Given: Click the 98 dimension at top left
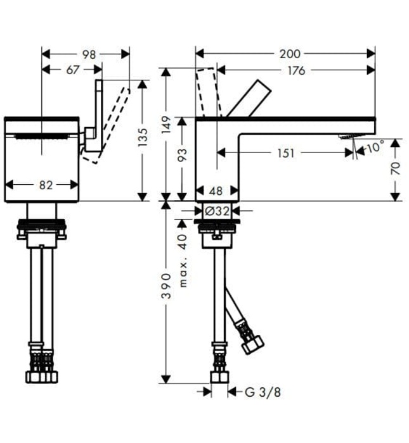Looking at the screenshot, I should click(x=89, y=54).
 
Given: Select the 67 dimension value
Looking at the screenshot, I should click(x=72, y=70).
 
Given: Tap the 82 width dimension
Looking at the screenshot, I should click(x=45, y=185).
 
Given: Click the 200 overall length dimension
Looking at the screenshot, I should click(x=290, y=54).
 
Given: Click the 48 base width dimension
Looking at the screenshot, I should click(x=217, y=190).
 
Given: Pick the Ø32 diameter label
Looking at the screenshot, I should click(x=217, y=210).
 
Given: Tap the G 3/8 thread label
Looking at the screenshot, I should click(x=263, y=392).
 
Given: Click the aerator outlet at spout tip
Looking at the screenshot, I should click(x=347, y=136).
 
